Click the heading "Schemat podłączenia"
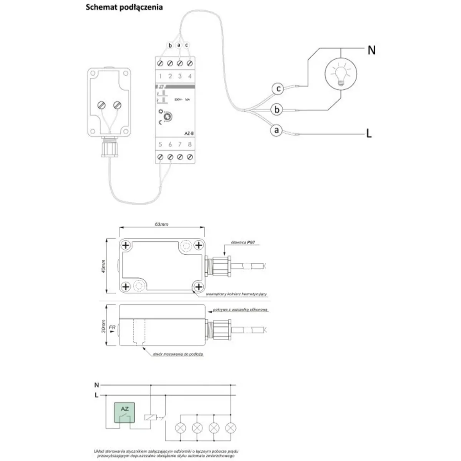124,7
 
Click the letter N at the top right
371,50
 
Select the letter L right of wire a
369,134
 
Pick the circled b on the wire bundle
277,109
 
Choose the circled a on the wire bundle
276,130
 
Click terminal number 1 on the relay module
160,76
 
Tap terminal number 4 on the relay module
189,76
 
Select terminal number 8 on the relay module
189,145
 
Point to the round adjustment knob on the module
167,116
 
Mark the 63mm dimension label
162,224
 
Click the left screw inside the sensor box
102,105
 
